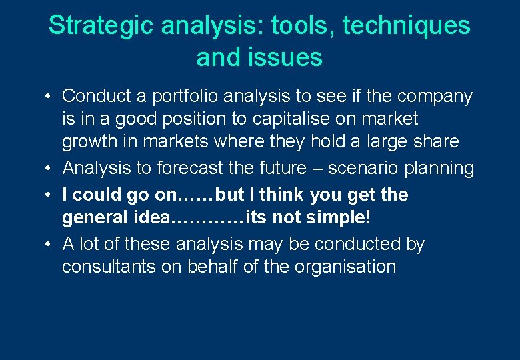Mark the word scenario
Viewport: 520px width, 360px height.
(362, 168)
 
